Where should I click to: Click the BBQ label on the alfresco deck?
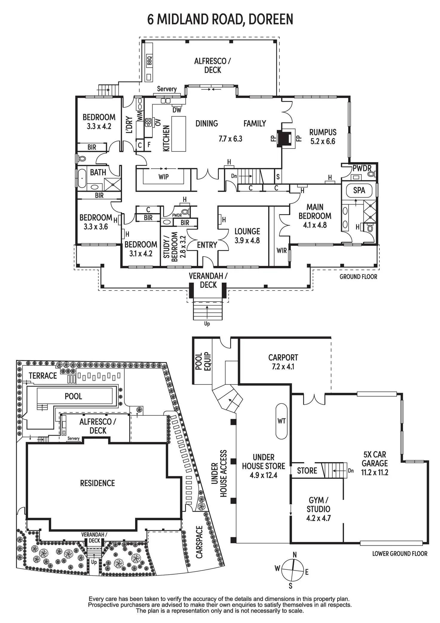coord(149,61)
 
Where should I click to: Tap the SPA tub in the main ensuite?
coord(359,190)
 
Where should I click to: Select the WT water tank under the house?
coord(281,421)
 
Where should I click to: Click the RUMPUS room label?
coord(323,132)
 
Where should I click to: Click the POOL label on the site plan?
coord(73,396)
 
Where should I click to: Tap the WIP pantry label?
coord(164,177)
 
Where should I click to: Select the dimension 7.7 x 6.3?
coord(230,139)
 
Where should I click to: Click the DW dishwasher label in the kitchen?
coord(177,110)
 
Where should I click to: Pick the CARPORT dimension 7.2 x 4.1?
coord(283,367)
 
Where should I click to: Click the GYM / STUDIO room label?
coord(318,505)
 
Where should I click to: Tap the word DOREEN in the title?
coord(271,19)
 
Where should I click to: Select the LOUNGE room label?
coord(247,231)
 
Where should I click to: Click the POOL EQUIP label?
coord(203,361)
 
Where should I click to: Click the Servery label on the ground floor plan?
coord(167,89)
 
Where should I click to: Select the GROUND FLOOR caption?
coord(358,277)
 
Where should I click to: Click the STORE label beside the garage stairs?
coord(307,471)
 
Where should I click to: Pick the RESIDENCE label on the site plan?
coord(97,483)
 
